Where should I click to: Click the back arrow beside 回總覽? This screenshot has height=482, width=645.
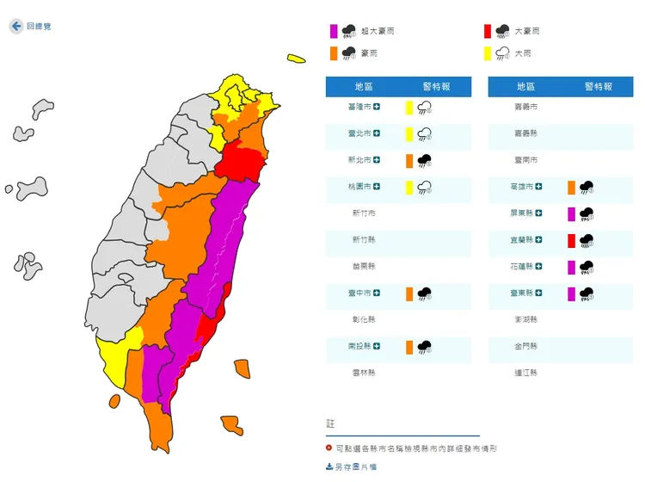(16, 27)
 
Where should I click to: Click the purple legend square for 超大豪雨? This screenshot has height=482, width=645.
(333, 31)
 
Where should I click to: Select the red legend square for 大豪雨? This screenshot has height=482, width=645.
(487, 31)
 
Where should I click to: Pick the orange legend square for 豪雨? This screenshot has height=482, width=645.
(333, 53)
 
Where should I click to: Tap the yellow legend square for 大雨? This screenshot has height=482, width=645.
(487, 53)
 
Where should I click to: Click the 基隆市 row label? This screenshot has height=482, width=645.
(360, 108)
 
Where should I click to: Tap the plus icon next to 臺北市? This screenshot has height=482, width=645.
(377, 133)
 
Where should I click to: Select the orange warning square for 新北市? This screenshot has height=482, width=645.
(409, 160)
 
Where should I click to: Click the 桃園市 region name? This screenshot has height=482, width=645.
(360, 187)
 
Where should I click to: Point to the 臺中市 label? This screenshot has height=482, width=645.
(360, 294)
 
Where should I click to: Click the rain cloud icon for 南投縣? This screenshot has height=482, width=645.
(424, 347)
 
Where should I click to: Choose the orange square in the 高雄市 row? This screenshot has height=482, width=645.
(571, 187)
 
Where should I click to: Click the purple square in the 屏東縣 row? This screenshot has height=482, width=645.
(571, 213)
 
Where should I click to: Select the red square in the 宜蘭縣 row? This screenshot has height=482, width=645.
(571, 240)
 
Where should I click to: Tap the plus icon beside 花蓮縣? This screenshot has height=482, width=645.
(538, 267)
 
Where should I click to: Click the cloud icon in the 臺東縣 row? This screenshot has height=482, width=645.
(587, 294)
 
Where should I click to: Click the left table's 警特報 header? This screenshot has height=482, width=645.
(435, 86)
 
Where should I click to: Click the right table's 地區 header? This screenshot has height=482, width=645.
(526, 86)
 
